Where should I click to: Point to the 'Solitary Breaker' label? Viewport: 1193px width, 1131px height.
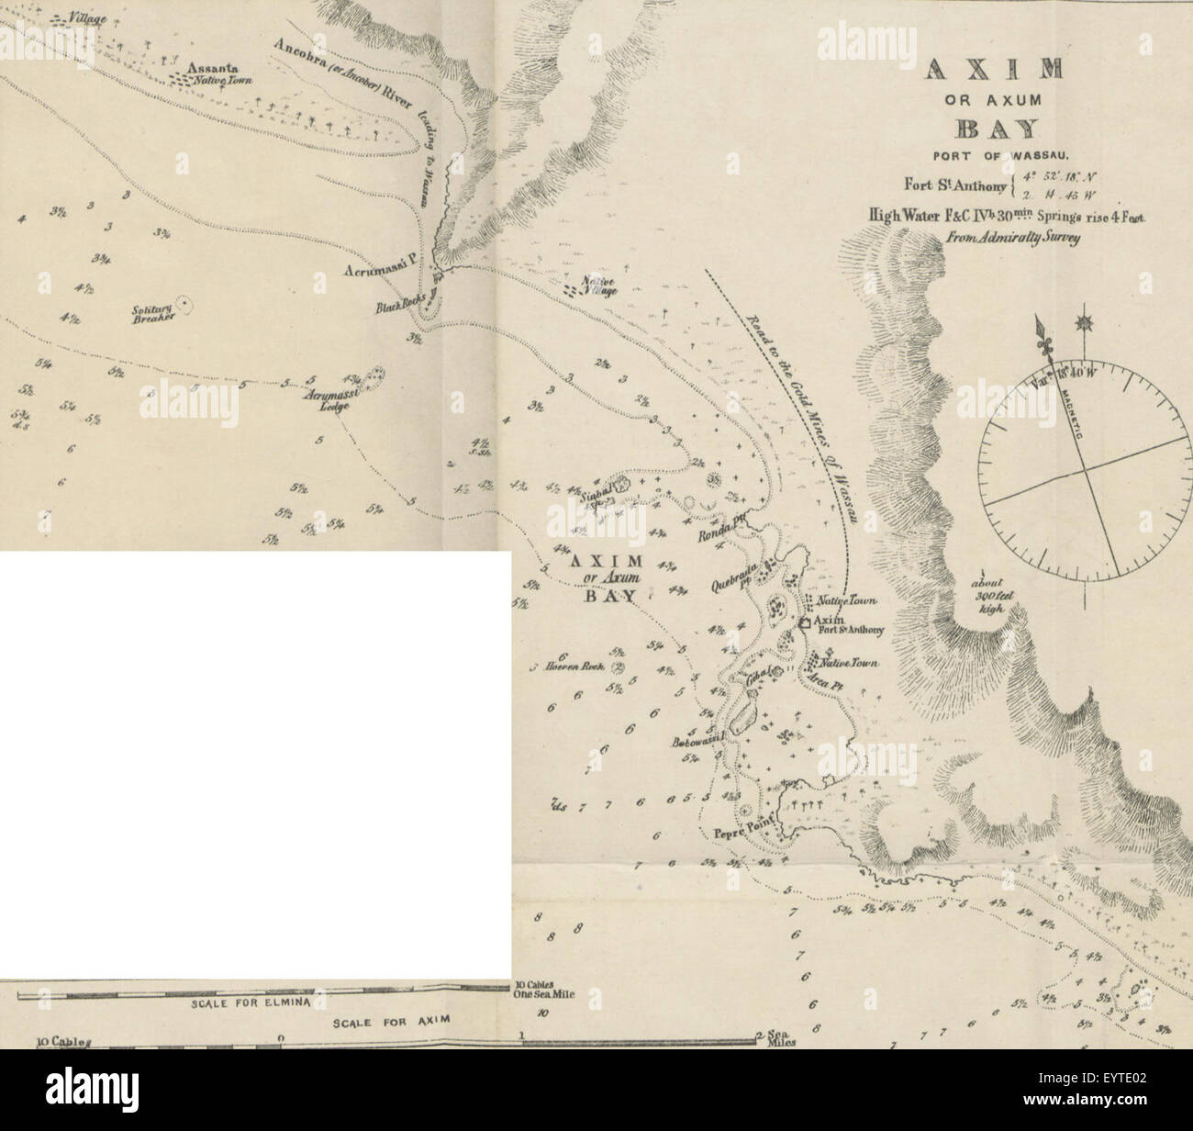pyautogui.click(x=148, y=316)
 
